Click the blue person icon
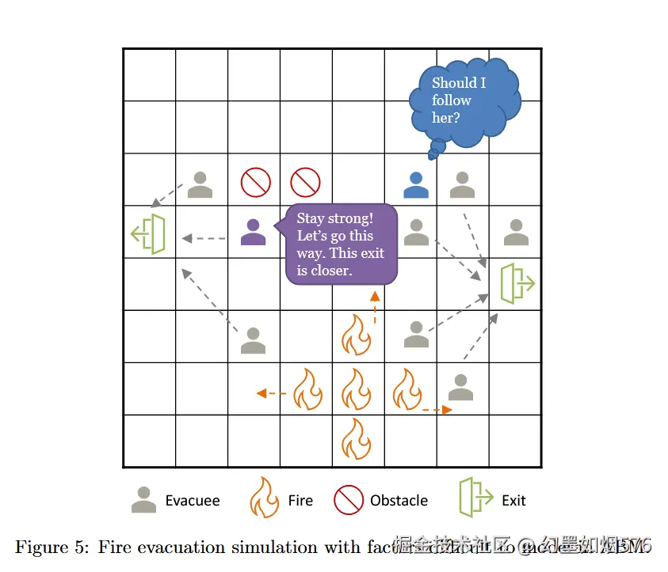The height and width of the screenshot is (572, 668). [415, 185]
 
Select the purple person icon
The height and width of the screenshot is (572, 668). [253, 232]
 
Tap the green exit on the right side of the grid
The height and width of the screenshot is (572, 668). [517, 284]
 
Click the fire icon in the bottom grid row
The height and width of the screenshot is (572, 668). [357, 439]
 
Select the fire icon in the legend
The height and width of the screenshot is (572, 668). [264, 498]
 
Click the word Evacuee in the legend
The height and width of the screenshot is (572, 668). [193, 501]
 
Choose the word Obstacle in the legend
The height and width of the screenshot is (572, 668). [399, 501]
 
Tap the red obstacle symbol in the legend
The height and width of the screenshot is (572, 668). [348, 500]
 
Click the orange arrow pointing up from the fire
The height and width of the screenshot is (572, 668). [375, 307]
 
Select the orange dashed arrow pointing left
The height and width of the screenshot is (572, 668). [272, 392]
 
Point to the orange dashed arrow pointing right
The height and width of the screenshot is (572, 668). [436, 410]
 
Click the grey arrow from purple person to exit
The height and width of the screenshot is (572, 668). [204, 237]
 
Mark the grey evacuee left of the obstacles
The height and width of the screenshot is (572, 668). [200, 185]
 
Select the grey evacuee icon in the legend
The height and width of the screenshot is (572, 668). [143, 499]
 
